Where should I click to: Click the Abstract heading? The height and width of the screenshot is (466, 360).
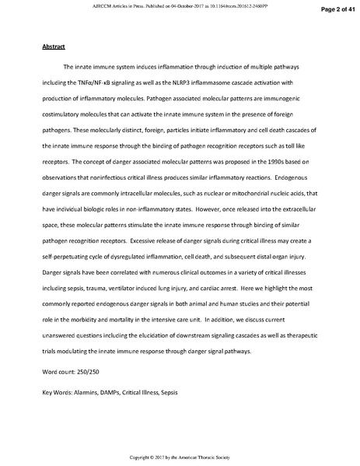click(53, 47)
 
